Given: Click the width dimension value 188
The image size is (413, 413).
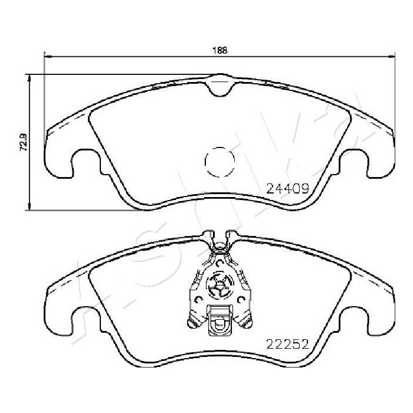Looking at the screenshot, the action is (x=219, y=50).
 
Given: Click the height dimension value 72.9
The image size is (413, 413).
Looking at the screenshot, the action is (x=24, y=142).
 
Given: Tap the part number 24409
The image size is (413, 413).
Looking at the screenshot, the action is (x=287, y=188).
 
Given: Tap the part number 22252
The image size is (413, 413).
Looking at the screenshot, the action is (x=287, y=344).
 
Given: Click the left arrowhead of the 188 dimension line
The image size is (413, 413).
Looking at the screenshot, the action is (x=47, y=56).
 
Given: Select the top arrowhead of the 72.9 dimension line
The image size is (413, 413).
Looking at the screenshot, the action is (x=29, y=78).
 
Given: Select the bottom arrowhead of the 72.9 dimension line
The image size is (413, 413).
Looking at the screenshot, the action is (x=29, y=206).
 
